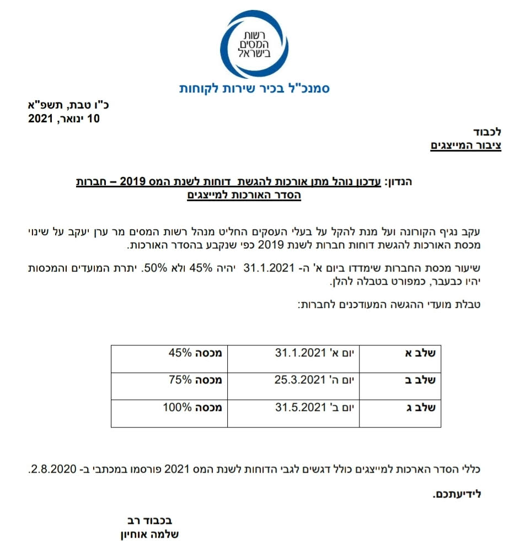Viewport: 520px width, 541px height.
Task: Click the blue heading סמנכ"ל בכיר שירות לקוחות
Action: tap(254, 88)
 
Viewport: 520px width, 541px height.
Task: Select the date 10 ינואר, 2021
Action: tap(64, 118)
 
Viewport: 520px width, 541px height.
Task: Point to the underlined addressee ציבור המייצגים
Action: tap(465, 145)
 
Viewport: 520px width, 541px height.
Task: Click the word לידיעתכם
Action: tap(457, 494)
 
